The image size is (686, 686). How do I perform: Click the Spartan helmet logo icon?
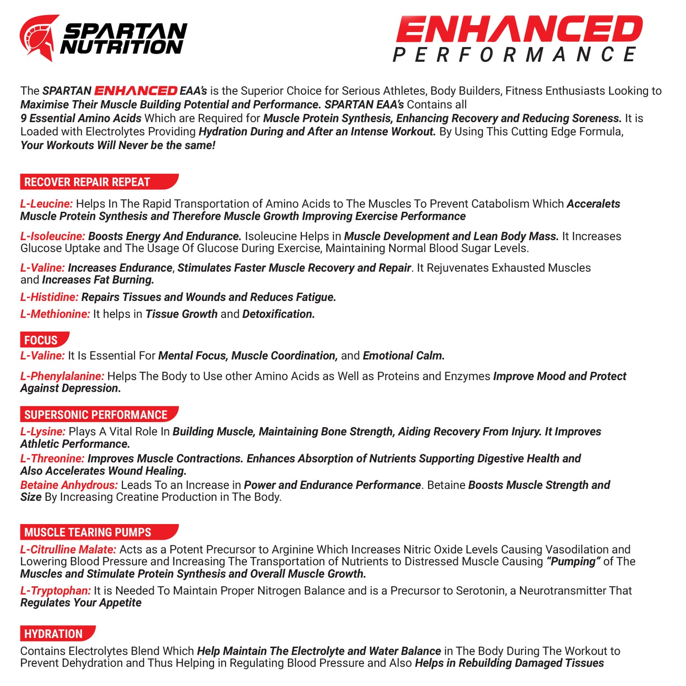[x=39, y=38]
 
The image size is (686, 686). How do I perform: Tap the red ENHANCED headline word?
[x=518, y=29]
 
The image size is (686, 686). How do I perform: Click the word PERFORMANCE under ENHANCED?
[x=515, y=55]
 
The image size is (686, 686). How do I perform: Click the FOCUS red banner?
[x=43, y=340]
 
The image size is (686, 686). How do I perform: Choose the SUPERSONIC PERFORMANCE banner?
[x=97, y=414]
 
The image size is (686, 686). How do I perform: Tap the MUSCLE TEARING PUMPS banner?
[x=97, y=532]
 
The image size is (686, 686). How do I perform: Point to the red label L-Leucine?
[x=46, y=204]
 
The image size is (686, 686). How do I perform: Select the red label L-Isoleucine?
[x=52, y=236]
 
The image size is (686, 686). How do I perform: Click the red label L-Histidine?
[x=49, y=297]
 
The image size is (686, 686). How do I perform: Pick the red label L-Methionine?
[x=55, y=314]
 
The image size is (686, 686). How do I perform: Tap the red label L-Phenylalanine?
[x=62, y=376]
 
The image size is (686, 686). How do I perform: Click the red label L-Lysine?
[x=42, y=432]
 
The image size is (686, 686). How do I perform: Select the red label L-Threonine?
[x=52, y=459]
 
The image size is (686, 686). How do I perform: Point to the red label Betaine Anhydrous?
[x=68, y=485]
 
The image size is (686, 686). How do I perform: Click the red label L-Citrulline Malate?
[x=68, y=550]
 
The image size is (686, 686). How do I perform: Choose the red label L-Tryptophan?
[x=55, y=591]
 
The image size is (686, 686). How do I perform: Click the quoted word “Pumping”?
[x=573, y=562]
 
